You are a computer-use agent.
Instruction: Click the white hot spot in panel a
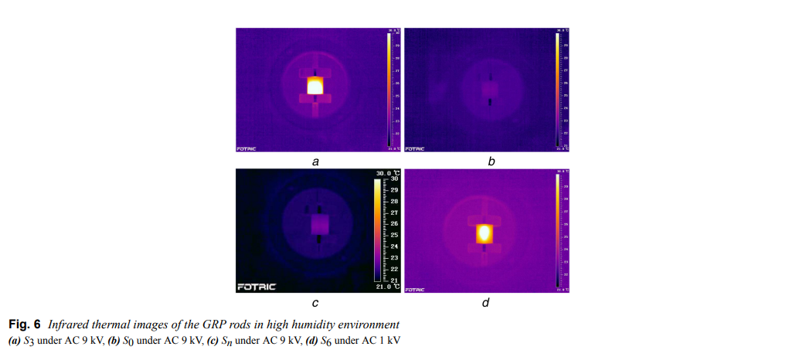point(315,85)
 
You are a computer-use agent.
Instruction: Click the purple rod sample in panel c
point(319,225)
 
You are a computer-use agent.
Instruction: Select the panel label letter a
point(315,162)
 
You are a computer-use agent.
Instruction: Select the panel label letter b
point(491,162)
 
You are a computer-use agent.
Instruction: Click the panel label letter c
point(315,303)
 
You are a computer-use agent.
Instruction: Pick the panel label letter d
point(485,303)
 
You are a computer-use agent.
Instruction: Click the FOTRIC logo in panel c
point(255,287)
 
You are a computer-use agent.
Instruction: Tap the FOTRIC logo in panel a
point(246,148)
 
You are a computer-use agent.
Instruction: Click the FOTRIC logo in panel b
point(415,148)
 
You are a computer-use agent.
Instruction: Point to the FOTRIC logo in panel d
point(415,290)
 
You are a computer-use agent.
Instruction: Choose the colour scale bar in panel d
point(556,230)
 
